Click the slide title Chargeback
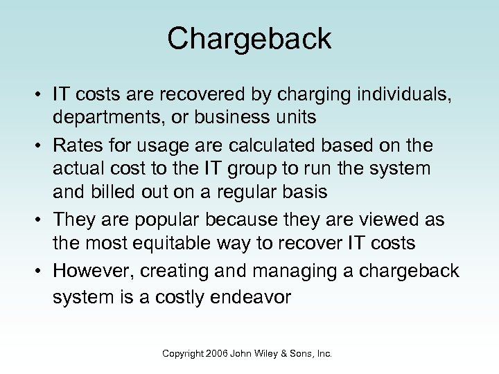249,39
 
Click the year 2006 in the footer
216,353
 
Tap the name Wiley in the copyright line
266,353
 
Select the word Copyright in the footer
182,353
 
